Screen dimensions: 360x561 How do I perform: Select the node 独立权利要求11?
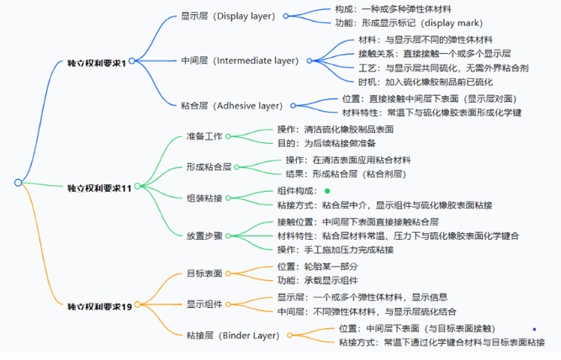[x=100, y=188]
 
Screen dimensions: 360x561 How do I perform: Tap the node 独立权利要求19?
[x=100, y=306]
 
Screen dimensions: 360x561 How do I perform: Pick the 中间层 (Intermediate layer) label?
[x=241, y=61]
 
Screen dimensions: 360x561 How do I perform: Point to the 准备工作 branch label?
[x=204, y=136]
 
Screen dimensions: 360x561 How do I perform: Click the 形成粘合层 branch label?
[x=209, y=167]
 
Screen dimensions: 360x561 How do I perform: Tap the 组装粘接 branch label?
[x=204, y=198]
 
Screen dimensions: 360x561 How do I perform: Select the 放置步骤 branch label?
[x=204, y=236]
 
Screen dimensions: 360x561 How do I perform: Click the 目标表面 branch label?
[x=204, y=273]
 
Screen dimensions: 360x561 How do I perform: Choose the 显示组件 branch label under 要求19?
[x=204, y=304]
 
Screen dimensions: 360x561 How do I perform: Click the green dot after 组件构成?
[x=326, y=192]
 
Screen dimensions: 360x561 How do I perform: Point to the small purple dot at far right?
[x=534, y=329]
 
